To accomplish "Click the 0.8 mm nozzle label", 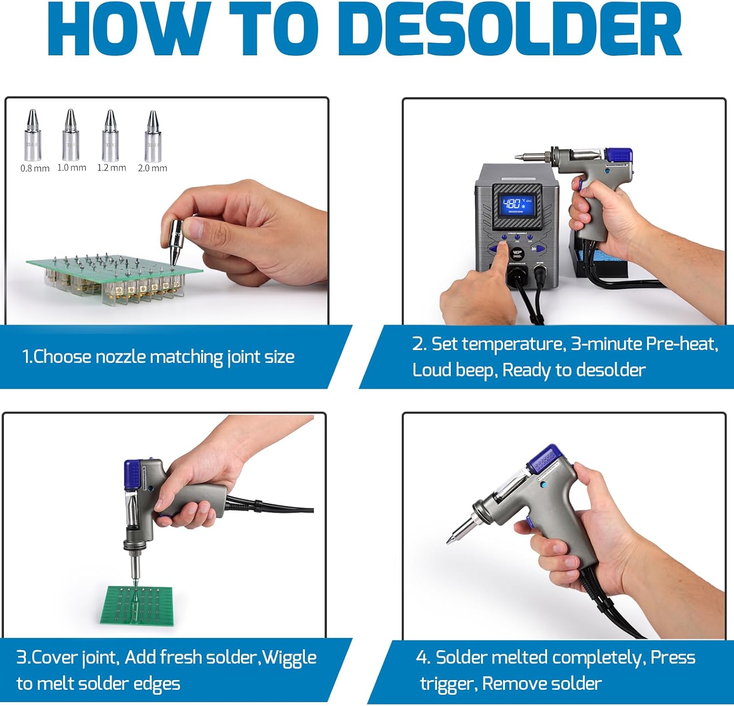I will tap(35, 168).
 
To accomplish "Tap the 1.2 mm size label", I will tap(112, 168).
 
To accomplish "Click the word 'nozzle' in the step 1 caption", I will tap(120, 357).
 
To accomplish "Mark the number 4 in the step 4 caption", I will tap(421, 658).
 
